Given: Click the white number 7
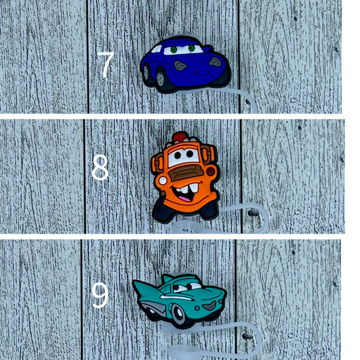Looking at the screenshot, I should click(x=105, y=65).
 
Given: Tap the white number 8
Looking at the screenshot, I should click(x=100, y=169).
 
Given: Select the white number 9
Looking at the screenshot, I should click(x=100, y=296).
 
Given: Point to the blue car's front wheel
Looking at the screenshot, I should click(x=168, y=80).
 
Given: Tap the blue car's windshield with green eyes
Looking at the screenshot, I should click(x=183, y=49).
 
